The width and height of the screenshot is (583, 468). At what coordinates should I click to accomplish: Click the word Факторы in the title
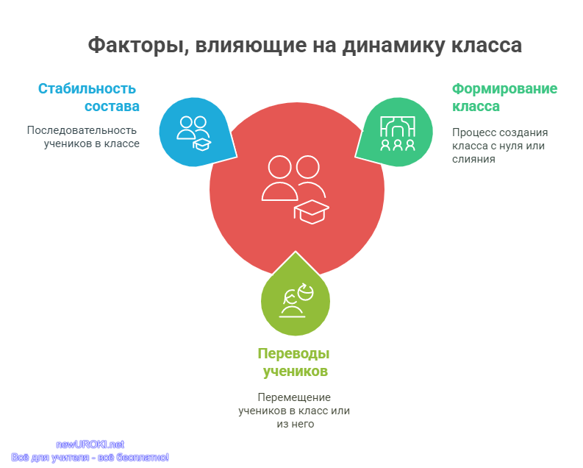(x=136, y=46)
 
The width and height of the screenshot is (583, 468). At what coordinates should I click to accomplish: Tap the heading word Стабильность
(x=87, y=88)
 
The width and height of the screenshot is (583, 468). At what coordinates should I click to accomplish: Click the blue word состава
(x=112, y=107)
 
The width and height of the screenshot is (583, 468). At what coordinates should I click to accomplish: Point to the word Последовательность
(x=82, y=130)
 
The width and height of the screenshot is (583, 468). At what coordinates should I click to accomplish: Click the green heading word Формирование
(x=504, y=89)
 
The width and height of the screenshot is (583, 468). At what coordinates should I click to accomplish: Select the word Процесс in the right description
(x=471, y=132)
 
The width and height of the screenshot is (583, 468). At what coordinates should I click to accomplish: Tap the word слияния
(x=473, y=159)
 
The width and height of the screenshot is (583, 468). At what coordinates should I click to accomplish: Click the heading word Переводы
(x=294, y=354)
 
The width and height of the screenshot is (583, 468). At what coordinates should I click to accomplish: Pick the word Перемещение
(x=294, y=397)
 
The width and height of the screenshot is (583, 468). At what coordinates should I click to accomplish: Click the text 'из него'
(x=296, y=424)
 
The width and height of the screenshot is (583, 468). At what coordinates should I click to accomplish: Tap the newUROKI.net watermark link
(x=90, y=444)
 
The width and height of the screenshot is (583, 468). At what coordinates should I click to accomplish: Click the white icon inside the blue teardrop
(x=193, y=133)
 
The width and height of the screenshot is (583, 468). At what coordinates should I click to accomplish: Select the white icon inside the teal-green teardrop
(x=398, y=133)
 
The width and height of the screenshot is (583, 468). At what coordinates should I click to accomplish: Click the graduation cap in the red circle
(x=312, y=212)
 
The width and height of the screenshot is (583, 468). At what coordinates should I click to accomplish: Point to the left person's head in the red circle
(x=279, y=167)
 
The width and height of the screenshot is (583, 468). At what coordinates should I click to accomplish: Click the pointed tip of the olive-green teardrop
(x=296, y=252)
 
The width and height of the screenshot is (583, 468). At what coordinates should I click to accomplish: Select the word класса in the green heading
(x=476, y=107)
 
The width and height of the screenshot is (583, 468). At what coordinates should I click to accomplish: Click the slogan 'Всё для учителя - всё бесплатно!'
(x=90, y=457)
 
